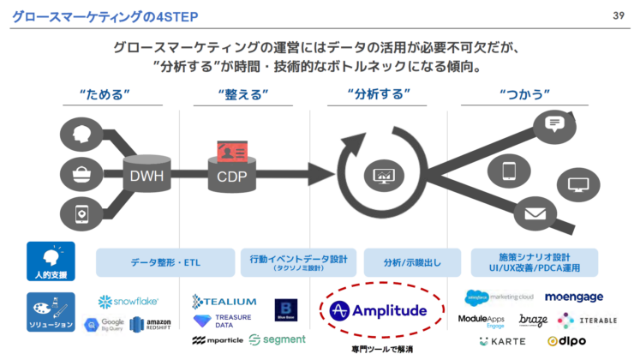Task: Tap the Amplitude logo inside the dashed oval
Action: click(378, 309)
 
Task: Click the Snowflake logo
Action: click(129, 302)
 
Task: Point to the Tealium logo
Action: click(224, 301)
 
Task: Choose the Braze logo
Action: click(533, 321)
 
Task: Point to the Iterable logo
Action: click(592, 320)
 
